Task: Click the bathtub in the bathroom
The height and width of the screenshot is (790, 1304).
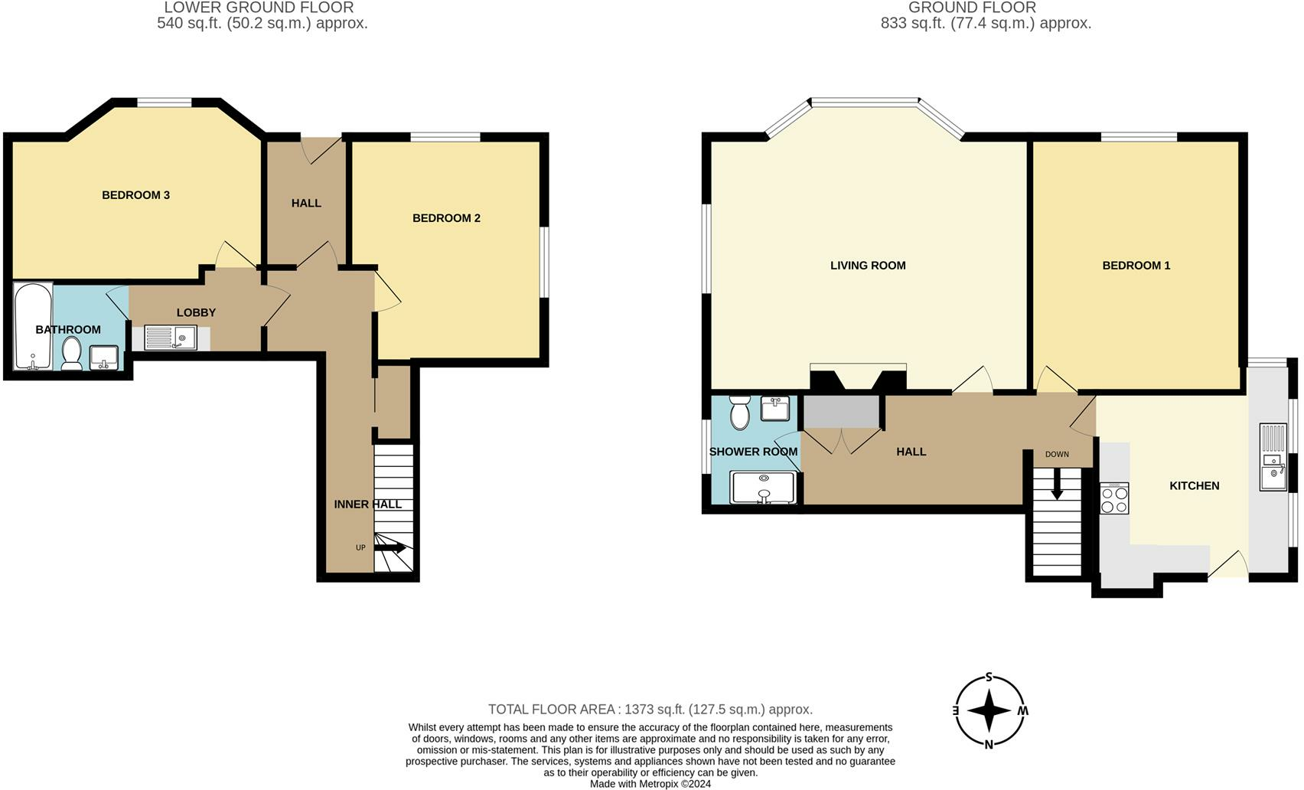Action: (33, 326)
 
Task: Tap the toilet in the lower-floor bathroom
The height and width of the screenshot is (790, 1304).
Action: (72, 354)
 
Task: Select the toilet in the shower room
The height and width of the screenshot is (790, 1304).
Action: (739, 413)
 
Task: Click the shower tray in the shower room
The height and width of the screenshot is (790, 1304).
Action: (762, 487)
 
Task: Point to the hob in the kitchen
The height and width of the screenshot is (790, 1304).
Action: (1114, 499)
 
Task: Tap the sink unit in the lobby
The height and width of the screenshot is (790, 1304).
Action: (171, 338)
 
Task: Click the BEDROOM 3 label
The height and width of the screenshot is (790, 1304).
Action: (135, 195)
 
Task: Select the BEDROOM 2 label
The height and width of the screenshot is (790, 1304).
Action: (446, 218)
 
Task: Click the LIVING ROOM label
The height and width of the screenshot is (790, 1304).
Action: (868, 266)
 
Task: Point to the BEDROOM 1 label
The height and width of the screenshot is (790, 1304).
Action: (1136, 266)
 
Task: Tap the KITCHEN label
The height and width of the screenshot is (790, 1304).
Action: (1194, 486)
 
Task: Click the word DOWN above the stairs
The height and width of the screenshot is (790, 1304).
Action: (1057, 455)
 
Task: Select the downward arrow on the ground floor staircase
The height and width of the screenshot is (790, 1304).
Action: (1057, 485)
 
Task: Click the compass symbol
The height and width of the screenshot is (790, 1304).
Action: (989, 710)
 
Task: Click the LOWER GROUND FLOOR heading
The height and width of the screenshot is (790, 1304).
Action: (259, 8)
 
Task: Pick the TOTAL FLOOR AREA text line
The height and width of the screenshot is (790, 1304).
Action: (650, 710)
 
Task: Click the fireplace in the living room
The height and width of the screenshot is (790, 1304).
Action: (858, 379)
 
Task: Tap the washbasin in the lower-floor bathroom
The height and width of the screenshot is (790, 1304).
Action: (103, 357)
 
